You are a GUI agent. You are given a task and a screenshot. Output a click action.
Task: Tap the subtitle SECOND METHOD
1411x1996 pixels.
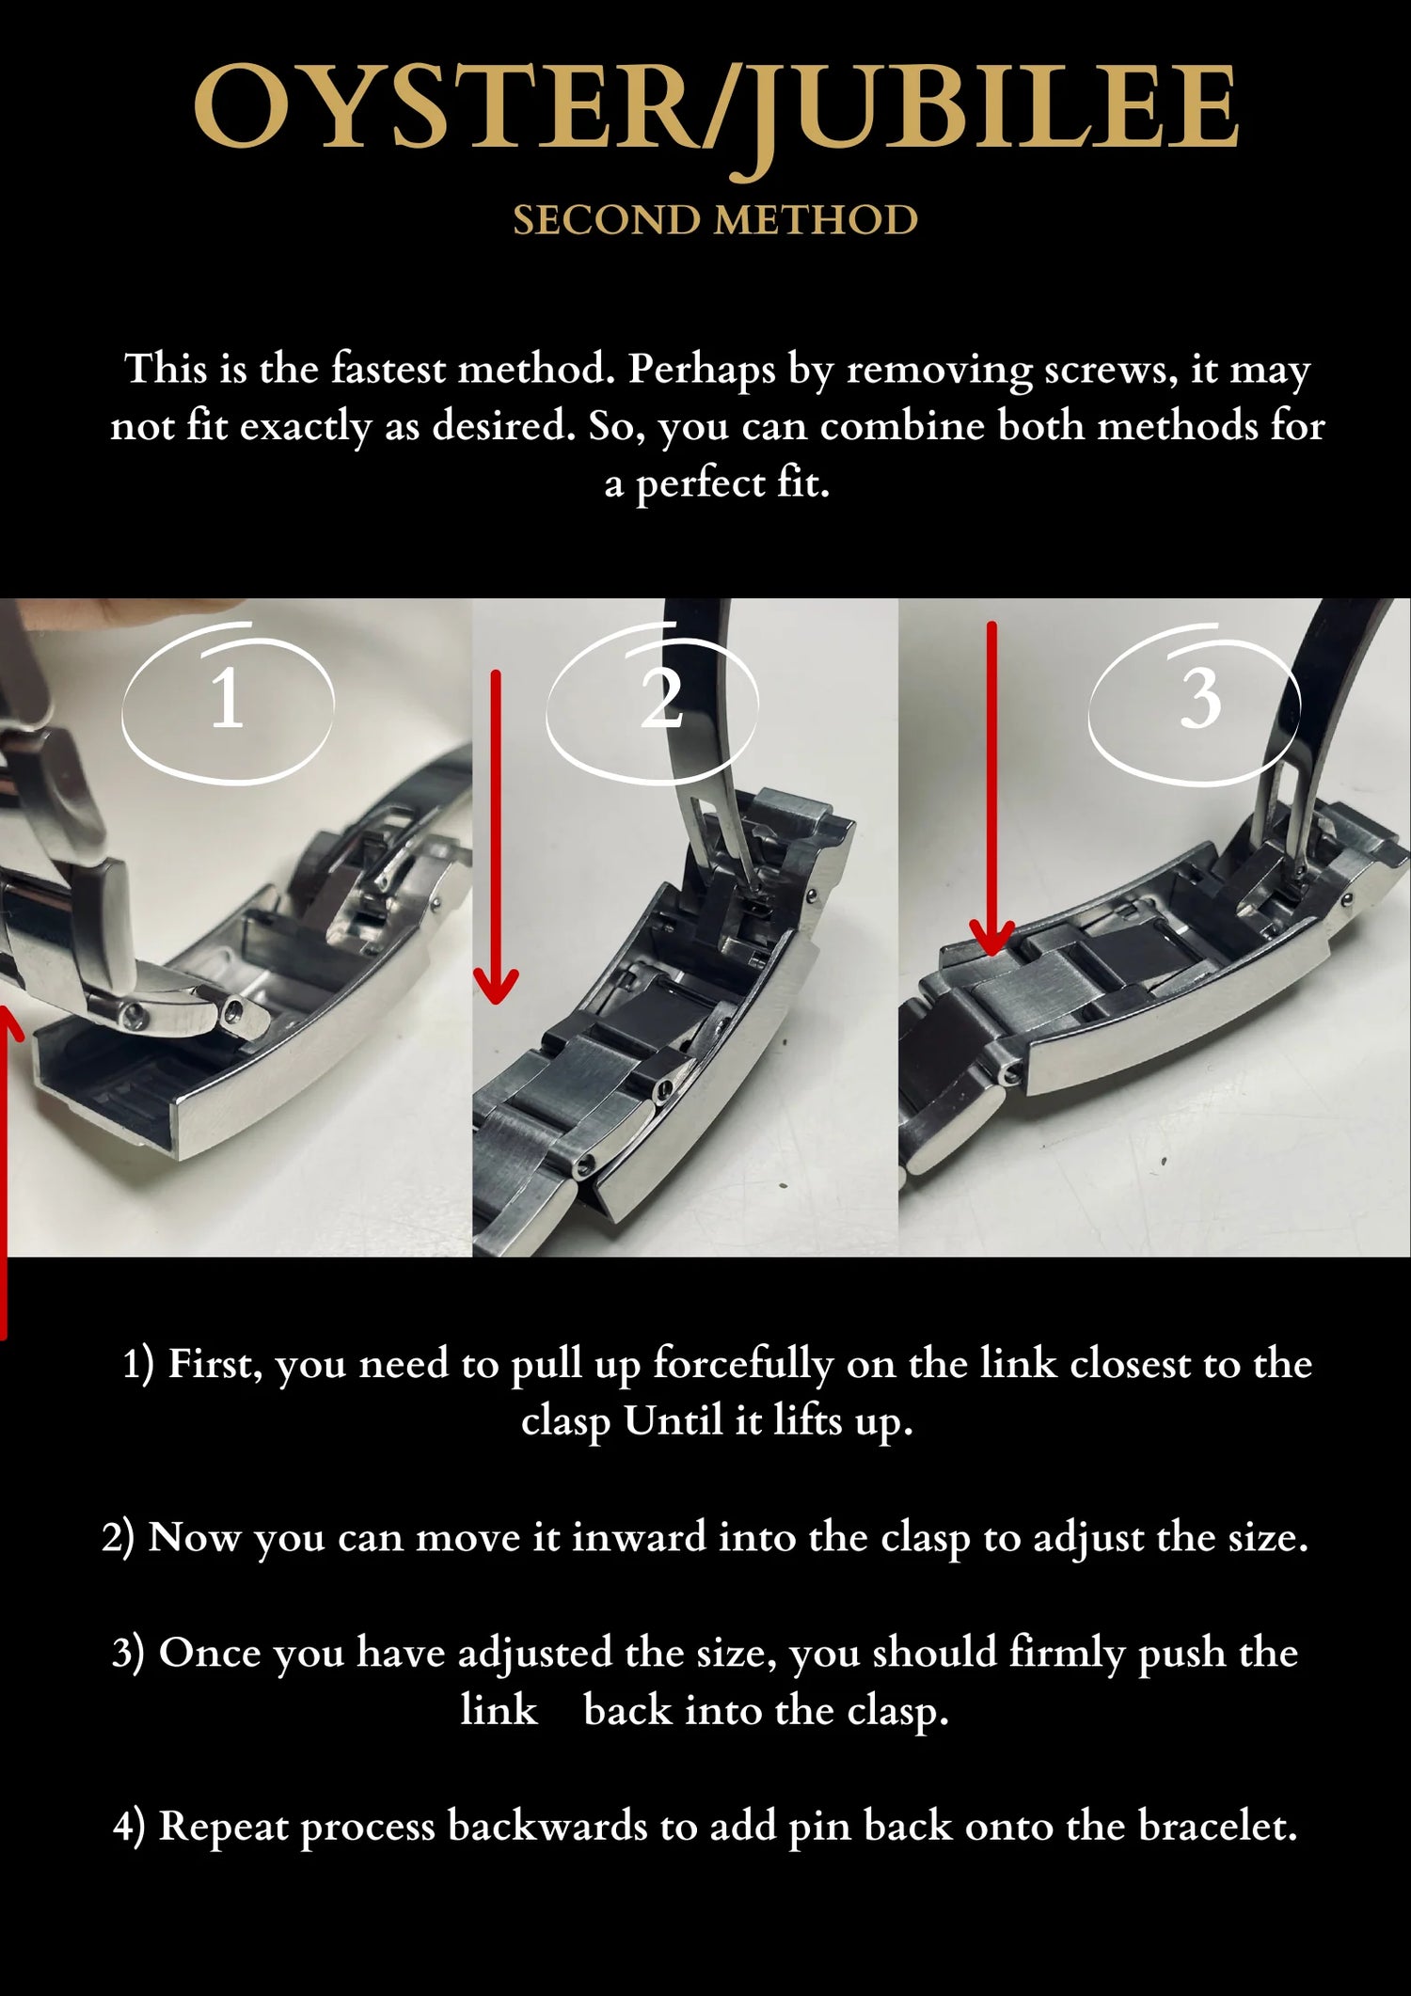[715, 220]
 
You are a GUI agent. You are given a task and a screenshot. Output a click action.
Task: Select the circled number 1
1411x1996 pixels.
[228, 701]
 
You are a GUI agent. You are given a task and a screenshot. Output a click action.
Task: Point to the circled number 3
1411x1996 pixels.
[1200, 701]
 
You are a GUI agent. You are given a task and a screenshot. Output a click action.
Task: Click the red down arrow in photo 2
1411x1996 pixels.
[496, 836]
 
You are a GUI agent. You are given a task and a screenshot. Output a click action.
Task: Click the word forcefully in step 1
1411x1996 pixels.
[743, 1365]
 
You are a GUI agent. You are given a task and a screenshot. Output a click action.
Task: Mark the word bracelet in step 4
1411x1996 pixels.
[1217, 1827]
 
